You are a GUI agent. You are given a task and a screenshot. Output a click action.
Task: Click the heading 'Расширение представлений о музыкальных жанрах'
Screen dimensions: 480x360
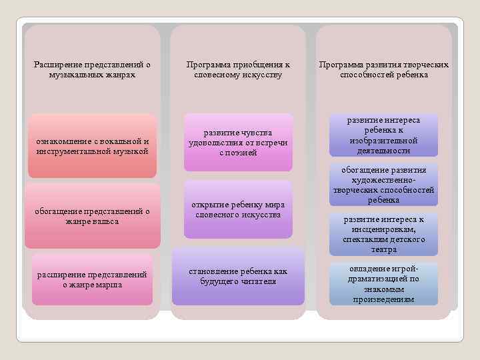(92, 70)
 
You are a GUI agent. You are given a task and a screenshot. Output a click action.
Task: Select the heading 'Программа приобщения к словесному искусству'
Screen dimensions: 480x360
(238, 70)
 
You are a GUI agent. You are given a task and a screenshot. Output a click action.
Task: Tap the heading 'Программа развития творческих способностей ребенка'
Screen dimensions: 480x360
(383, 70)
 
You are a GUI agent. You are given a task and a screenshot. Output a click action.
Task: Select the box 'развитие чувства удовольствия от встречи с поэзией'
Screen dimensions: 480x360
(238, 143)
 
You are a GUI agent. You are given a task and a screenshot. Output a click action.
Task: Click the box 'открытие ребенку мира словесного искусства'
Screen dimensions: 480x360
(238, 209)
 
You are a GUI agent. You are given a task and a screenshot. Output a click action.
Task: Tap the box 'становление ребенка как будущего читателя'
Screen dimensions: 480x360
(238, 276)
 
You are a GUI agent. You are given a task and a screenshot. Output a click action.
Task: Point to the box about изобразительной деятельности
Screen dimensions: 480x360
(383, 135)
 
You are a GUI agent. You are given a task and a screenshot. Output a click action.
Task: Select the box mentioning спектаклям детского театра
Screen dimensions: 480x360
(383, 234)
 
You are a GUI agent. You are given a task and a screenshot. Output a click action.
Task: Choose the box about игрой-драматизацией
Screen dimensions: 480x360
(383, 284)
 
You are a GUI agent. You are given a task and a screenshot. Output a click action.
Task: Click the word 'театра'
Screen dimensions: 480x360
(383, 249)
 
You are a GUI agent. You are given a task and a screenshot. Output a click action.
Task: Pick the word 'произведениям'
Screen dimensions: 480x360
(383, 299)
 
